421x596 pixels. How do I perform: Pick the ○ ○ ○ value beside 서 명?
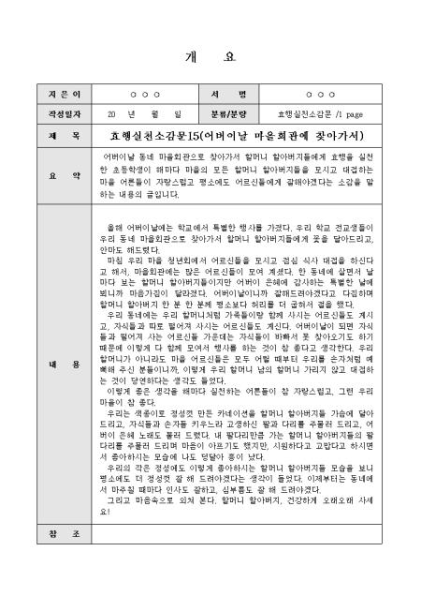coord(320,96)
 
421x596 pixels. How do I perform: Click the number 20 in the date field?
coord(109,114)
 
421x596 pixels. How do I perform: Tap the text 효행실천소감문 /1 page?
coord(320,114)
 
